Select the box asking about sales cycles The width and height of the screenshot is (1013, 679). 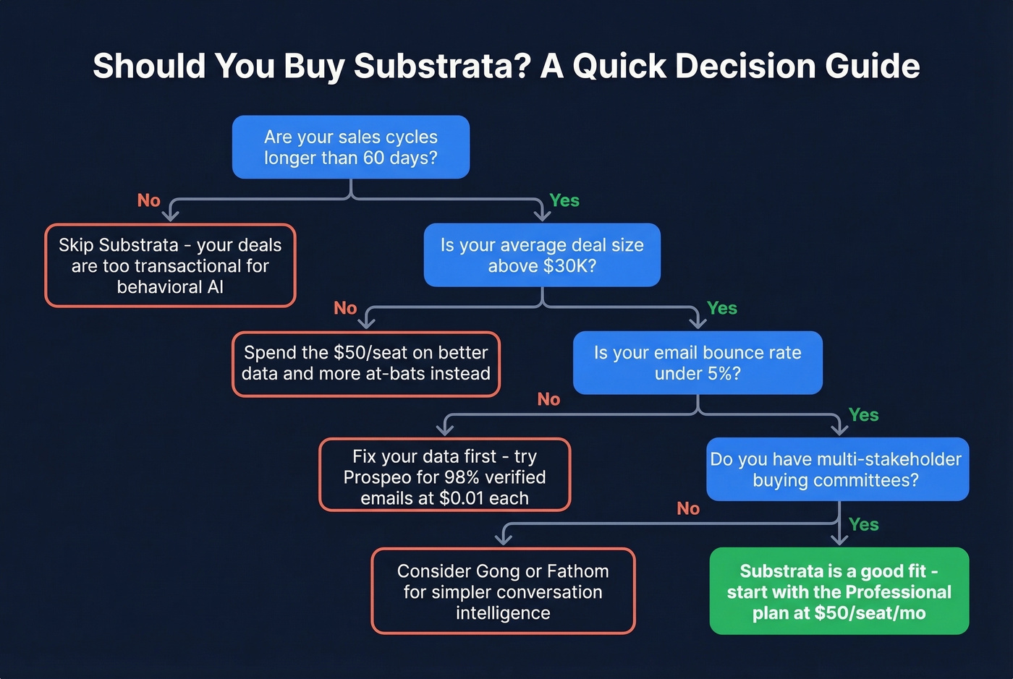(x=351, y=147)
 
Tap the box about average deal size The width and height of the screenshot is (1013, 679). (x=542, y=255)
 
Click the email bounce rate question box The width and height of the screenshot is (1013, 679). (x=698, y=362)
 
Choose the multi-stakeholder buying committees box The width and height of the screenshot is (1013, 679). (x=837, y=469)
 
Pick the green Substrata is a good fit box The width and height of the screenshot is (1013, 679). (x=839, y=591)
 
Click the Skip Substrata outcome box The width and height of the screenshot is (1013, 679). (x=171, y=265)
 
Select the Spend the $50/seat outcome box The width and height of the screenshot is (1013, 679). (x=366, y=364)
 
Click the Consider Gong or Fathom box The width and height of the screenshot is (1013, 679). (x=503, y=591)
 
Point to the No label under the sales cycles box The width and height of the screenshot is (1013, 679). (x=149, y=200)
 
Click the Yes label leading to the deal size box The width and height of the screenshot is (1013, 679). (x=564, y=200)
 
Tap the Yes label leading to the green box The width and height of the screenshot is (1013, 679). (x=863, y=524)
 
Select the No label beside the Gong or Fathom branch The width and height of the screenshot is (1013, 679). (x=688, y=508)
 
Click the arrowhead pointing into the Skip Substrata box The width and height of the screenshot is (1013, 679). (x=171, y=215)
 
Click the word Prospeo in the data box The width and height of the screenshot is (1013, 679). (x=374, y=477)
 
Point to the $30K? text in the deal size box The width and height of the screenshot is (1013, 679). (x=570, y=266)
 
